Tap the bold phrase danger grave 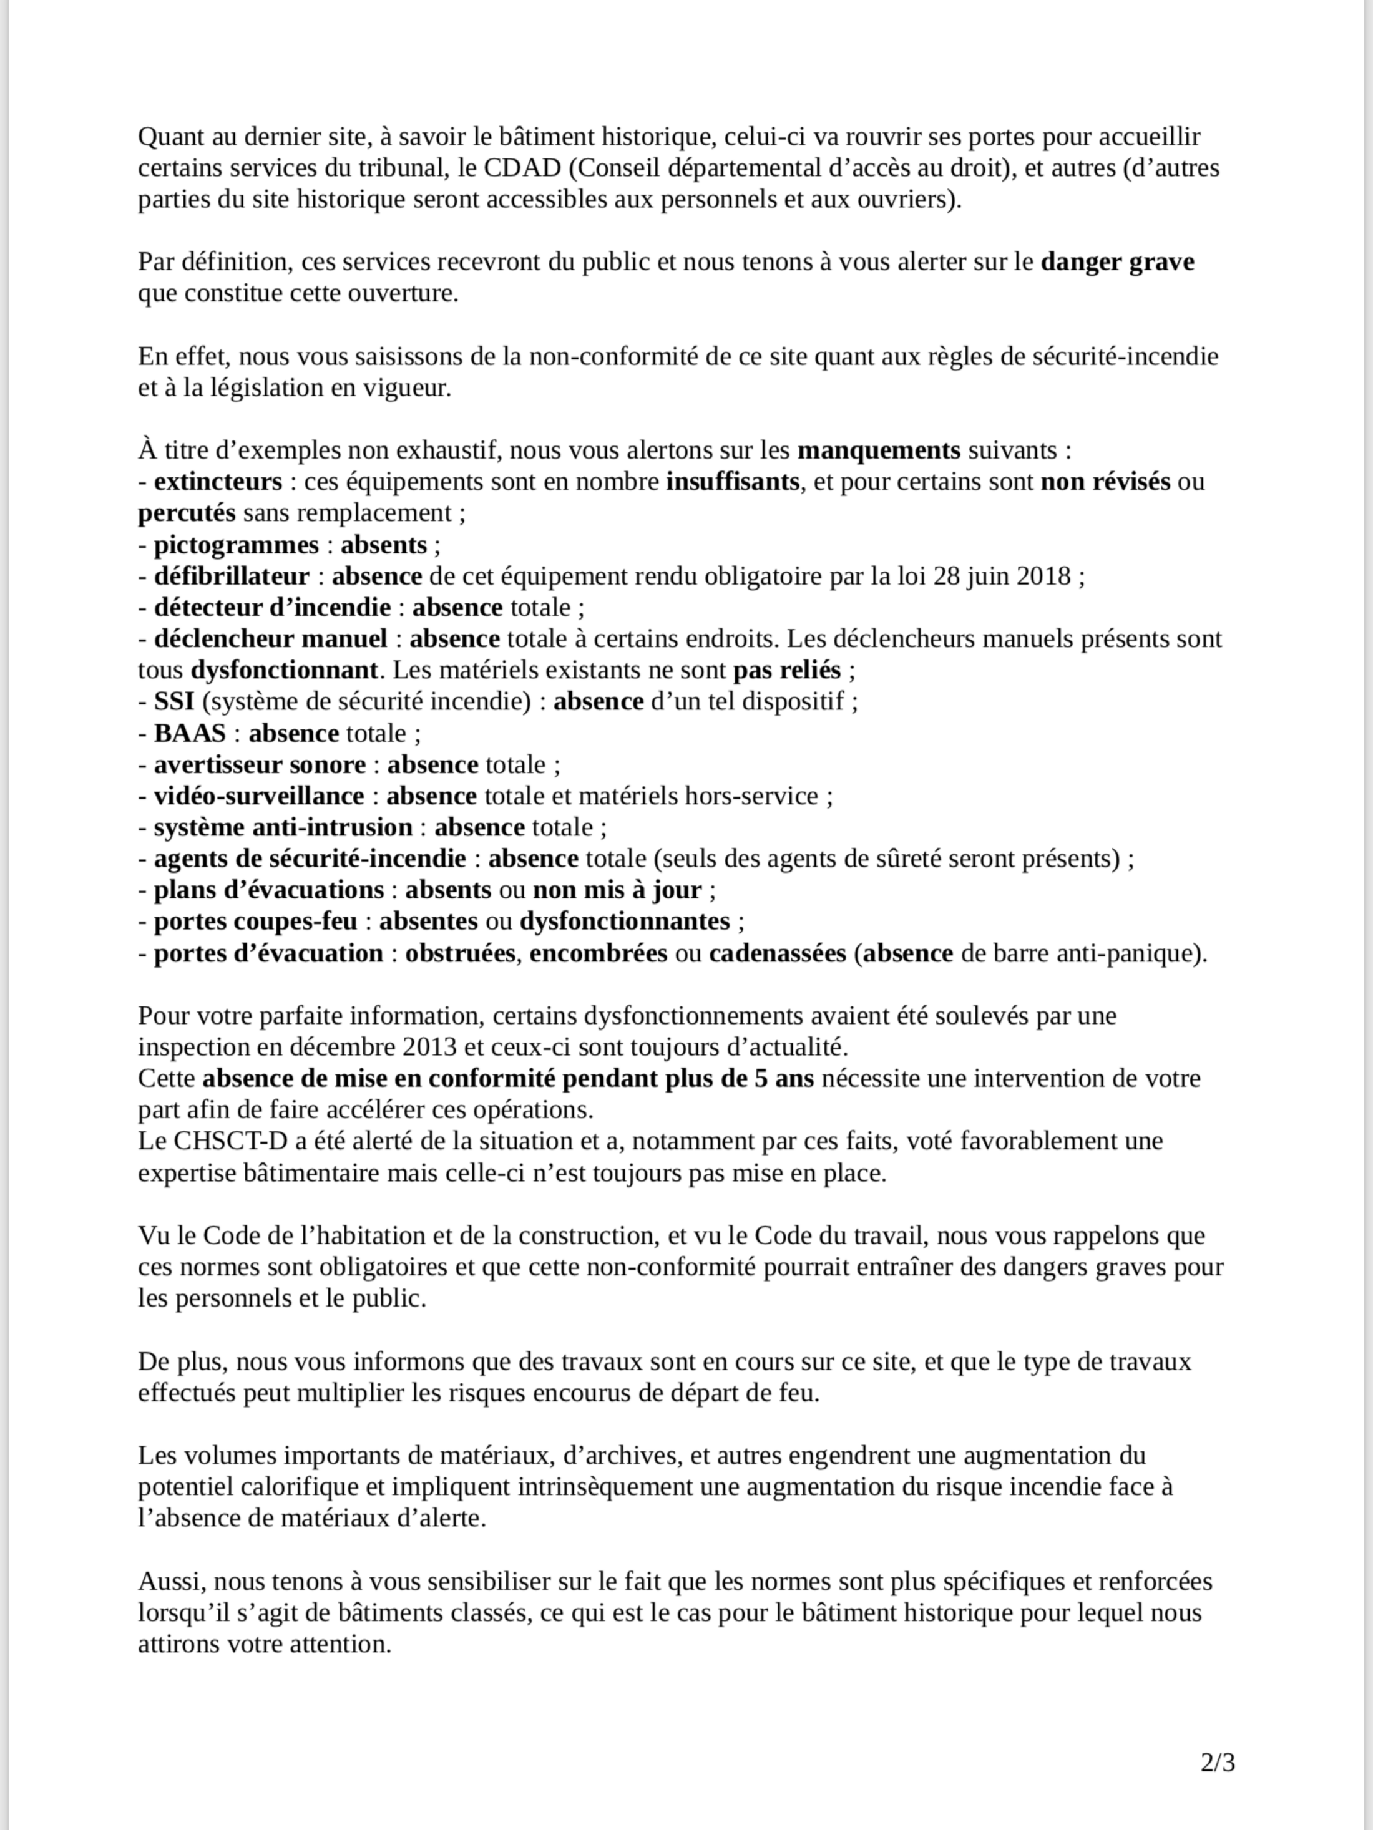tap(1117, 262)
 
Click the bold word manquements tap(878, 451)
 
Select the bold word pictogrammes tap(236, 545)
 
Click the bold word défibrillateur tap(232, 576)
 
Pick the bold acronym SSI tap(173, 701)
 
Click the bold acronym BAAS tap(190, 734)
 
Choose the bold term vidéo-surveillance tap(259, 796)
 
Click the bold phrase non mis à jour tap(617, 890)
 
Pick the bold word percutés tap(187, 513)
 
